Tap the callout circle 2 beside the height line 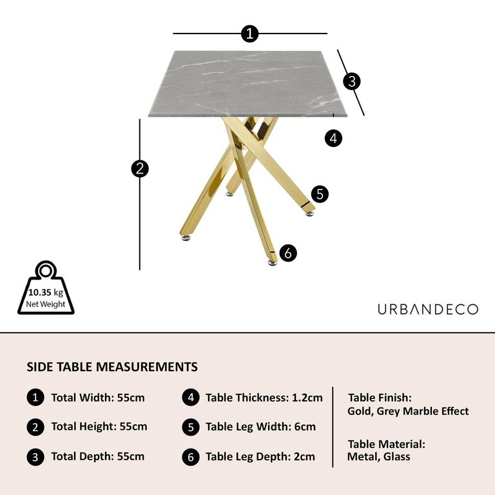140,169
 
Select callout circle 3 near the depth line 351,81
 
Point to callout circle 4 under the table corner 333,137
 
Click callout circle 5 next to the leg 320,194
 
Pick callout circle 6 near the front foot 288,253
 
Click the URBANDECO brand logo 427,309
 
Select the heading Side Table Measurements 112,367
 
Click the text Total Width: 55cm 98,398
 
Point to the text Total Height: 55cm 99,427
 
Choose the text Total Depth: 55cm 98,456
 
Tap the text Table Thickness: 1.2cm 264,398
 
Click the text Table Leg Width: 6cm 260,427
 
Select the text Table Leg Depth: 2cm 260,456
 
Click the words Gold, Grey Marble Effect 408,411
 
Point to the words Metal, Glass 378,456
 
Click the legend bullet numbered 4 190,398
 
